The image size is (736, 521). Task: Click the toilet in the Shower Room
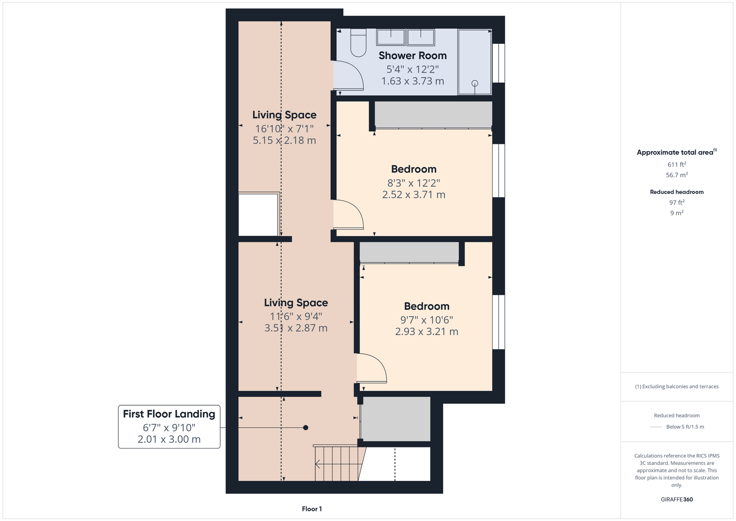[x=358, y=43]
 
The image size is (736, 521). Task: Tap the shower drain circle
[x=475, y=83]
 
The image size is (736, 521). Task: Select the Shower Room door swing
[x=348, y=75]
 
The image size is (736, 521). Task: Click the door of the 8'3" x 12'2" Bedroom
[x=348, y=214]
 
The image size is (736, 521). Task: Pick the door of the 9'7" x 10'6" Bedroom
[x=371, y=368]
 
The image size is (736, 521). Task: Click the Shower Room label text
[x=413, y=56]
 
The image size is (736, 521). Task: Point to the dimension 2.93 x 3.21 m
[x=427, y=331]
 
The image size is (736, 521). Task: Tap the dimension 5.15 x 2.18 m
[x=284, y=140]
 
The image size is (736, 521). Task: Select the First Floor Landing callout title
[x=169, y=414]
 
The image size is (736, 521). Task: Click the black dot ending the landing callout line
[x=306, y=428]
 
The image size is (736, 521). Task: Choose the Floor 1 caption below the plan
[x=312, y=509]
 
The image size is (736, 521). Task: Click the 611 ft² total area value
[x=677, y=164]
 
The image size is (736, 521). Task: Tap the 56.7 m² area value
[x=677, y=175]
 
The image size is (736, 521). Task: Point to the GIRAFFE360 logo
[x=677, y=499]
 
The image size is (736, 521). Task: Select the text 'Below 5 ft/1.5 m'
[x=685, y=427]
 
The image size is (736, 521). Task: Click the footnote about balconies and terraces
[x=677, y=387]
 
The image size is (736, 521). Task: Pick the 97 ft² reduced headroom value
[x=677, y=203]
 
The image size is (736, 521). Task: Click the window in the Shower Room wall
[x=498, y=63]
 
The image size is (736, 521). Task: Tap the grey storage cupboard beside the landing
[x=395, y=419]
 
